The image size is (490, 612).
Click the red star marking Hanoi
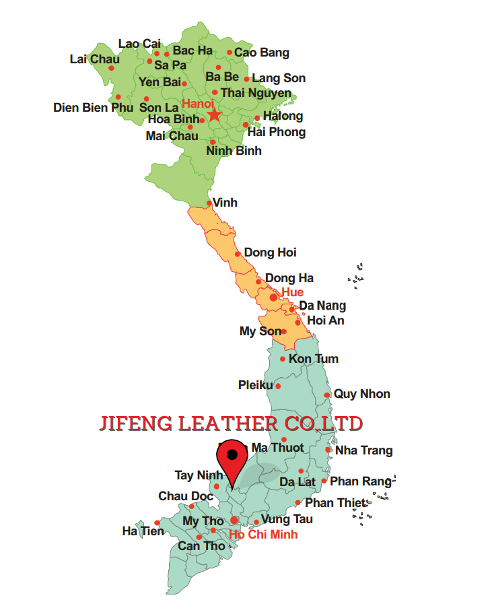(x=214, y=115)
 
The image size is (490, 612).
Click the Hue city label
(x=292, y=292)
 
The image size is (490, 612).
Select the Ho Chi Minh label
(x=263, y=535)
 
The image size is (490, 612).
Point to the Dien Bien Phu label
(x=93, y=107)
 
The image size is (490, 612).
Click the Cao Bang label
(x=262, y=53)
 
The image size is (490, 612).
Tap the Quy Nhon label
(x=362, y=394)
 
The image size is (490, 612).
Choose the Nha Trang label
(x=364, y=450)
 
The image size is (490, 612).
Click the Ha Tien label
(x=143, y=531)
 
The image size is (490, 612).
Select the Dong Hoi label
(x=270, y=252)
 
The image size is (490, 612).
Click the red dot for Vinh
(x=209, y=203)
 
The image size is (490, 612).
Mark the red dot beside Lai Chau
(x=112, y=67)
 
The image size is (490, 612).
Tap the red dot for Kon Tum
(x=283, y=359)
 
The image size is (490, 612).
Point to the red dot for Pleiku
(x=278, y=386)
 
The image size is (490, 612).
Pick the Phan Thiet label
(x=335, y=503)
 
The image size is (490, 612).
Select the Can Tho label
(x=201, y=546)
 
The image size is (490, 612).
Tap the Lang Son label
(x=279, y=78)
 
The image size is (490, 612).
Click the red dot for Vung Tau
(x=256, y=522)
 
